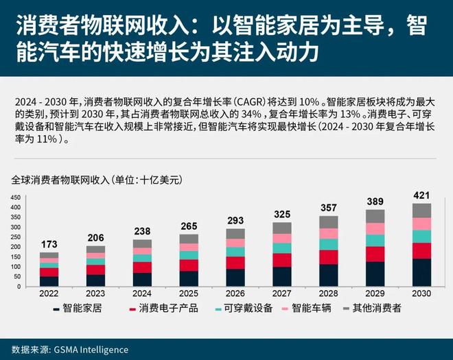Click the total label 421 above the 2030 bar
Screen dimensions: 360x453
coord(421,196)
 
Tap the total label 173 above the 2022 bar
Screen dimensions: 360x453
coord(49,244)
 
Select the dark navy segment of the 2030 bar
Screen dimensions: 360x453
coord(421,272)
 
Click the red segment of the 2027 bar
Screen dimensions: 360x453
coord(281,260)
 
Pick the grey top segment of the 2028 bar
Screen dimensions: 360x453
coord(328,222)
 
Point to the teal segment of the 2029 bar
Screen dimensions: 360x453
coord(375,240)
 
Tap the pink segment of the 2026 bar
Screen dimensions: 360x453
coord(235,243)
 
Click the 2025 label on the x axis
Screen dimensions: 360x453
coord(189,294)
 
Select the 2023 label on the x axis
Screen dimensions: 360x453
coord(95,294)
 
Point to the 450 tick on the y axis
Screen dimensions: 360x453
coord(16,197)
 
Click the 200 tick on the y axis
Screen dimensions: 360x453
coord(16,246)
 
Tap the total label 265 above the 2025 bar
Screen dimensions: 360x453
coord(189,226)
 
